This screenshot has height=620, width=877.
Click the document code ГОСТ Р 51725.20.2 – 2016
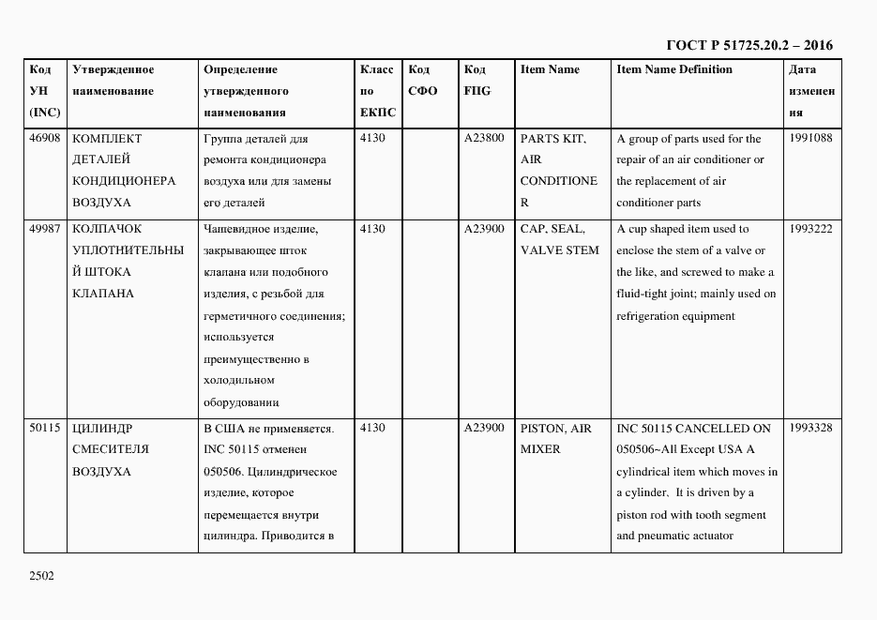click(x=748, y=45)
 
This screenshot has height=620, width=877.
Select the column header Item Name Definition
click(x=673, y=69)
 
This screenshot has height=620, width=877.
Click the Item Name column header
click(x=550, y=69)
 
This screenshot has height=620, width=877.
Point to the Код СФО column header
click(x=424, y=81)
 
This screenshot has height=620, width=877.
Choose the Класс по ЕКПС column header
click(x=378, y=91)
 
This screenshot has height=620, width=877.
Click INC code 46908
click(x=45, y=138)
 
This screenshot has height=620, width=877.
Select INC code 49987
click(x=45, y=229)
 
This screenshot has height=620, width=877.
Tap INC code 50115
click(x=45, y=429)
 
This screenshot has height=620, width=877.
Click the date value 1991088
click(x=810, y=138)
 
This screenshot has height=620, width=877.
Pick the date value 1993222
click(x=810, y=229)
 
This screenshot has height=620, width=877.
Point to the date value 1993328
click(x=810, y=429)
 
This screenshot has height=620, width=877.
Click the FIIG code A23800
click(x=484, y=138)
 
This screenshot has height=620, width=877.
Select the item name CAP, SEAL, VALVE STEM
click(x=559, y=240)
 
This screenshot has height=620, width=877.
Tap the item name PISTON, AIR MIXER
click(x=555, y=439)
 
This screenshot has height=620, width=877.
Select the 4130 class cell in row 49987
click(x=372, y=229)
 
